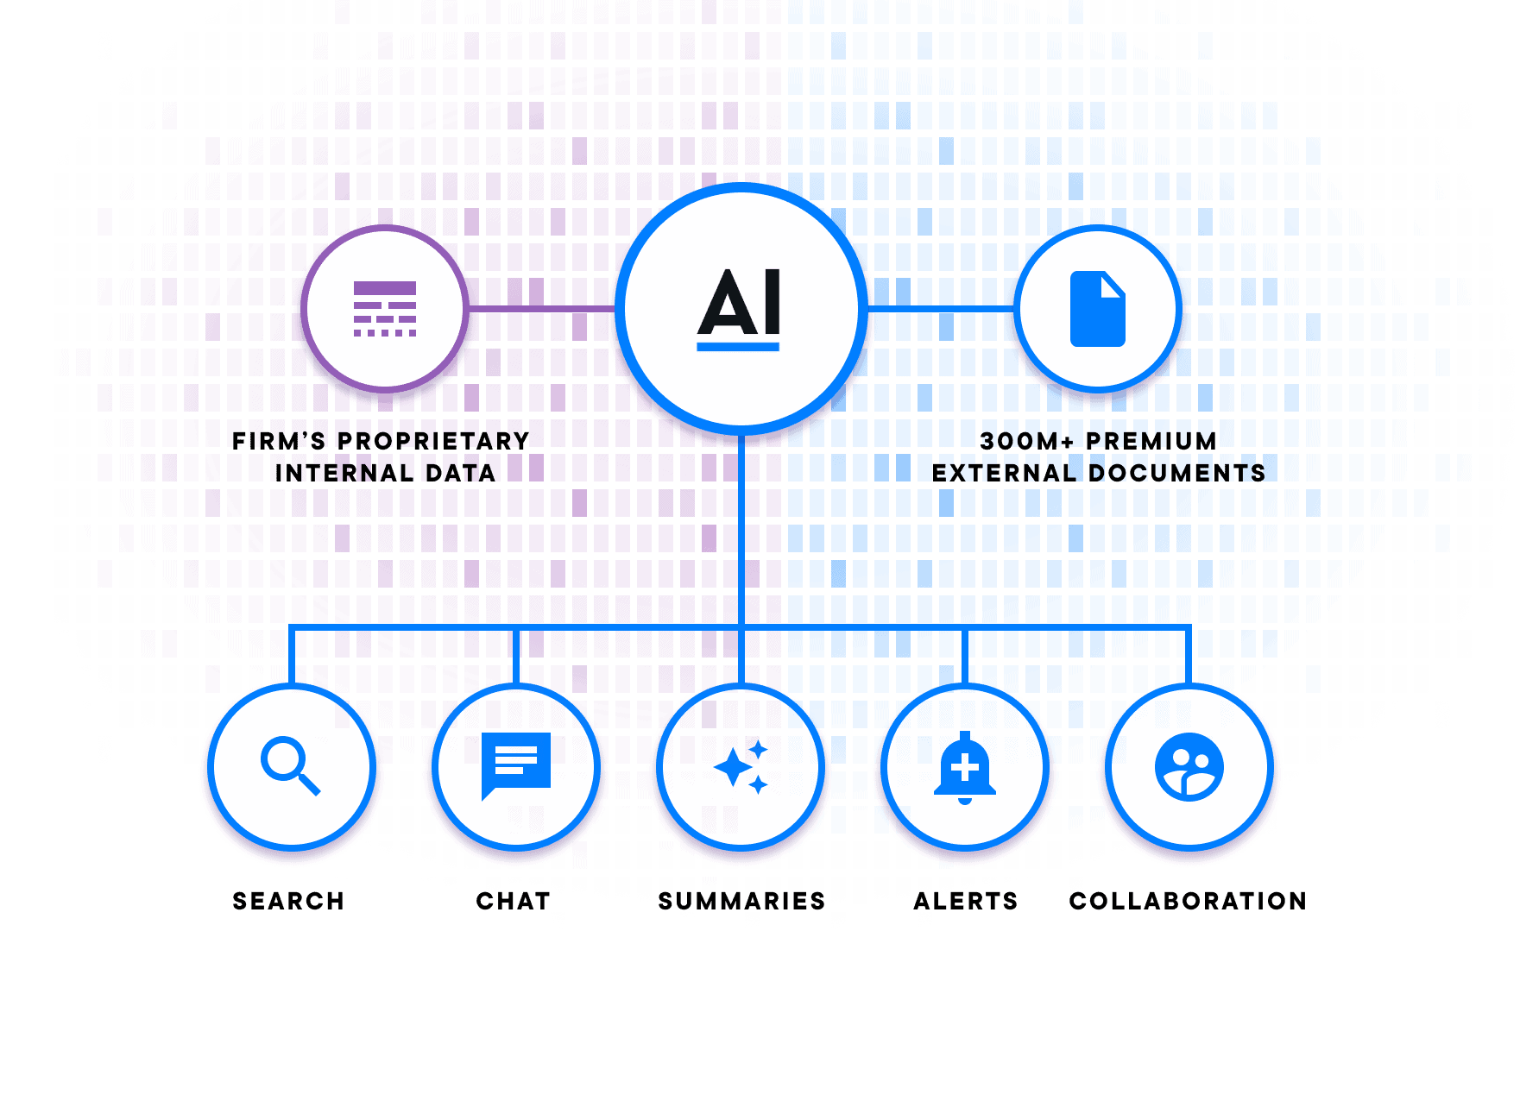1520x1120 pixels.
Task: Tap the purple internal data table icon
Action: click(385, 309)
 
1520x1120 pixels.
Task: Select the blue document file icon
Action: click(1097, 309)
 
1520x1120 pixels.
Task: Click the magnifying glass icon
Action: click(290, 765)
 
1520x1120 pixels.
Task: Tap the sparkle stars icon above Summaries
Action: click(741, 766)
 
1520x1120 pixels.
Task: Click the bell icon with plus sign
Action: click(965, 767)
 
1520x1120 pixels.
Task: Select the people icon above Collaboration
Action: click(1189, 767)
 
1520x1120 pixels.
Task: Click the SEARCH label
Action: click(288, 901)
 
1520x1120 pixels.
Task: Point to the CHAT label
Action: click(514, 901)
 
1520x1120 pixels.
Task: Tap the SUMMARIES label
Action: click(741, 901)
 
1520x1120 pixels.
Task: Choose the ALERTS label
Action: click(966, 901)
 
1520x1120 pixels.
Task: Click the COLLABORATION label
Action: click(1188, 901)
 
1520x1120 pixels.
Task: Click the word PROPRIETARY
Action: click(433, 441)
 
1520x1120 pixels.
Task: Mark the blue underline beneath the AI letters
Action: click(738, 347)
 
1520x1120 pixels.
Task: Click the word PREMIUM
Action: click(1151, 441)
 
